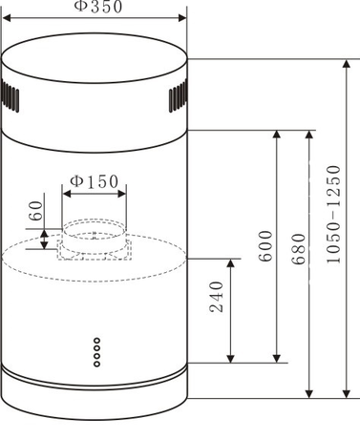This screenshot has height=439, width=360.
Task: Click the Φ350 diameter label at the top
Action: coord(95,8)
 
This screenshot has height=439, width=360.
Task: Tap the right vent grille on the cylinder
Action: coord(178,96)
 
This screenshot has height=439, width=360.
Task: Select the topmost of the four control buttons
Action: coord(96,340)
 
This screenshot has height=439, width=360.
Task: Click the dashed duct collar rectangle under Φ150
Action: coord(94,241)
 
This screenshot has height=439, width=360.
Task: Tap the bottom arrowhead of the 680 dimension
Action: coord(308,392)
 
